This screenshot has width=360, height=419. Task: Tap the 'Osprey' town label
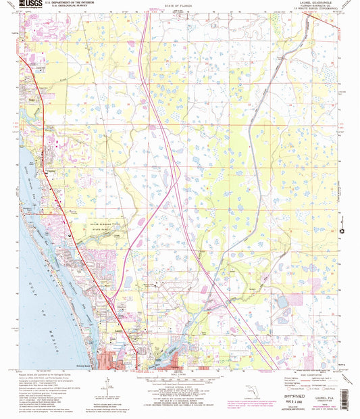(49, 170)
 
